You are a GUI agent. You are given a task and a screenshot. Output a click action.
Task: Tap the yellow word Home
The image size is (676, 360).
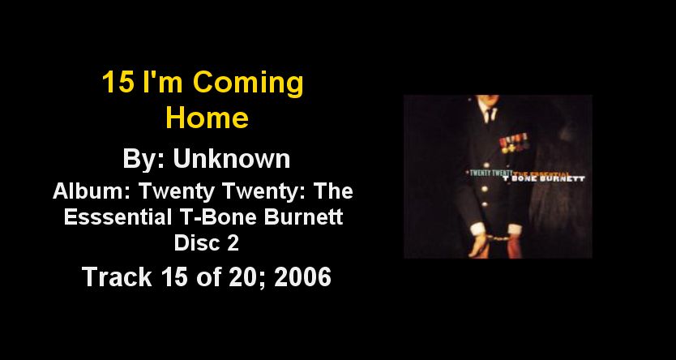tap(208, 118)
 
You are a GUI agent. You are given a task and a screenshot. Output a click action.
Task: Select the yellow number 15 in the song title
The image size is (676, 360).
tap(118, 82)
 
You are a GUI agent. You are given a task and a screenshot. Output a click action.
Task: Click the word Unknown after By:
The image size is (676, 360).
tap(232, 159)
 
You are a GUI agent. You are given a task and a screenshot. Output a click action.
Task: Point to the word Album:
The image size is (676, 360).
tap(92, 191)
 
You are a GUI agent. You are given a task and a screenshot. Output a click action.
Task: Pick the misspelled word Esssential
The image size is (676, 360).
tap(118, 216)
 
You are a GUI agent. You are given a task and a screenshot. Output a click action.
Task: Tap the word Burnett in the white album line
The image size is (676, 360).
tap(303, 216)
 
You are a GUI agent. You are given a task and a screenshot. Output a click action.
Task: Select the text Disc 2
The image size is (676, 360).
tap(207, 242)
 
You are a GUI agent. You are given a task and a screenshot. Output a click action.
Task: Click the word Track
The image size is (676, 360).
tap(117, 276)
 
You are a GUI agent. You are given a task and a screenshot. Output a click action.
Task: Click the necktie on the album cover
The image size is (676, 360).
tap(490, 115)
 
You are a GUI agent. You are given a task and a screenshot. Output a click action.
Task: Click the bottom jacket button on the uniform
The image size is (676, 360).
tap(485, 204)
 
